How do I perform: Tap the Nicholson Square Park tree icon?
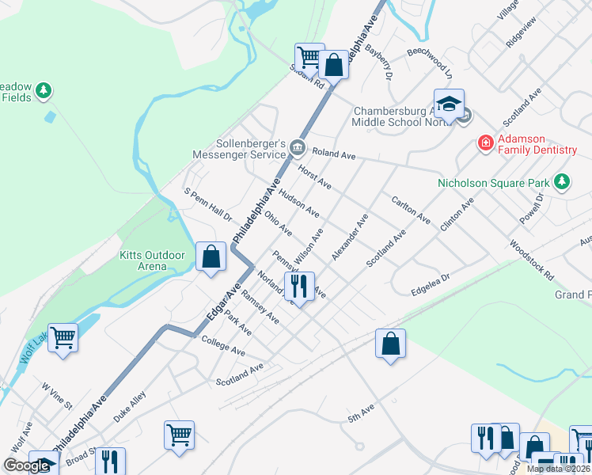pyautogui.click(x=562, y=182)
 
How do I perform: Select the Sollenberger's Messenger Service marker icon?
pyautogui.click(x=297, y=146)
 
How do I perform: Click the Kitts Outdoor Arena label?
pyautogui.click(x=152, y=260)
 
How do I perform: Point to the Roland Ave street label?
pyautogui.click(x=333, y=154)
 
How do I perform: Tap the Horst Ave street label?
pyautogui.click(x=314, y=176)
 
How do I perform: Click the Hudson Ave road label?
pyautogui.click(x=299, y=204)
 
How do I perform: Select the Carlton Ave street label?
pyautogui.click(x=411, y=209)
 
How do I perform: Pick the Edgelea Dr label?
pyautogui.click(x=430, y=285)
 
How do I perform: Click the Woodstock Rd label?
pyautogui.click(x=531, y=259)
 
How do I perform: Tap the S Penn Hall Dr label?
pyautogui.click(x=207, y=204)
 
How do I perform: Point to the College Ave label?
pyautogui.click(x=223, y=345)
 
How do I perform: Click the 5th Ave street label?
pyautogui.click(x=360, y=416)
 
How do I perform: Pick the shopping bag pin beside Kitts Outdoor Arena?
pyautogui.click(x=211, y=256)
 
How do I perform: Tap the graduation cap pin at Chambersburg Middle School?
pyautogui.click(x=449, y=104)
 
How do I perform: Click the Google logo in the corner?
pyautogui.click(x=26, y=465)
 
